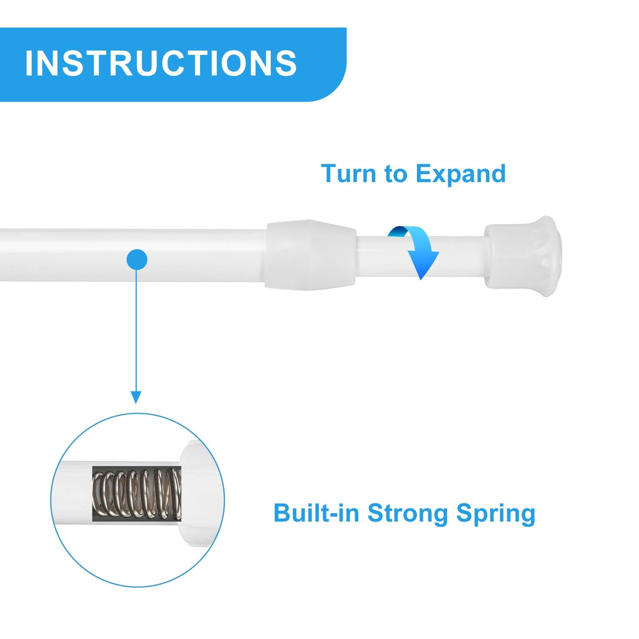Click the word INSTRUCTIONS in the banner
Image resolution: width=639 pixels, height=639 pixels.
(x=161, y=63)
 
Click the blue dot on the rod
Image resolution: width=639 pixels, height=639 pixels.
(x=137, y=260)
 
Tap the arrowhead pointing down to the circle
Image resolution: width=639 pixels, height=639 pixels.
(x=136, y=397)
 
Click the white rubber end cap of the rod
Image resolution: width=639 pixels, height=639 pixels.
(x=523, y=256)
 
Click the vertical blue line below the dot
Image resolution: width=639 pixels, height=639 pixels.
(x=136, y=331)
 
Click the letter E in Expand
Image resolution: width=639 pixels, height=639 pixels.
(x=424, y=174)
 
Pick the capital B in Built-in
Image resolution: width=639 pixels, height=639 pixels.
(x=282, y=513)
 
